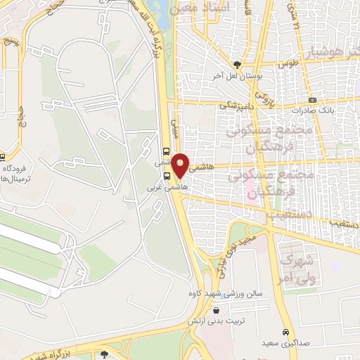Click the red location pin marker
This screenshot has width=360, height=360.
[181, 165]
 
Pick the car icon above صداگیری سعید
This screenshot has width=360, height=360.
[285, 332]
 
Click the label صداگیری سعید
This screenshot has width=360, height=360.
[285, 343]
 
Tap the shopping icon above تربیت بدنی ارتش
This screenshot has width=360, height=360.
[215, 309]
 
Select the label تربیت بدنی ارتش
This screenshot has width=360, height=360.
[215, 321]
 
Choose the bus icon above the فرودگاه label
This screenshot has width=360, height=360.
[2, 157]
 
